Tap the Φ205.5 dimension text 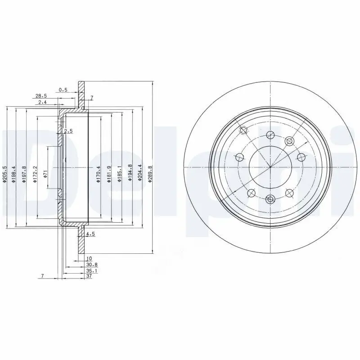(4, 175)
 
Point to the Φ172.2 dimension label (34, 175)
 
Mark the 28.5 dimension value (41, 96)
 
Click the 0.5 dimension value (63, 90)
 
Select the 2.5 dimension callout (68, 131)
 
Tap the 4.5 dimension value (90, 234)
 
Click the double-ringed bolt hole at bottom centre (270, 199)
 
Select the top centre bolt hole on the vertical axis (270, 135)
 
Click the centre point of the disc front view (270, 167)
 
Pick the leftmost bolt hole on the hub (239, 157)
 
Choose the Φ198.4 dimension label (14, 175)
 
